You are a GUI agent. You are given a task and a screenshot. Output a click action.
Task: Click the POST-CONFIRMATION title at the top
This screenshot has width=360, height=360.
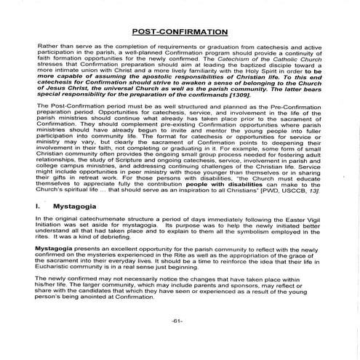[180, 33]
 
